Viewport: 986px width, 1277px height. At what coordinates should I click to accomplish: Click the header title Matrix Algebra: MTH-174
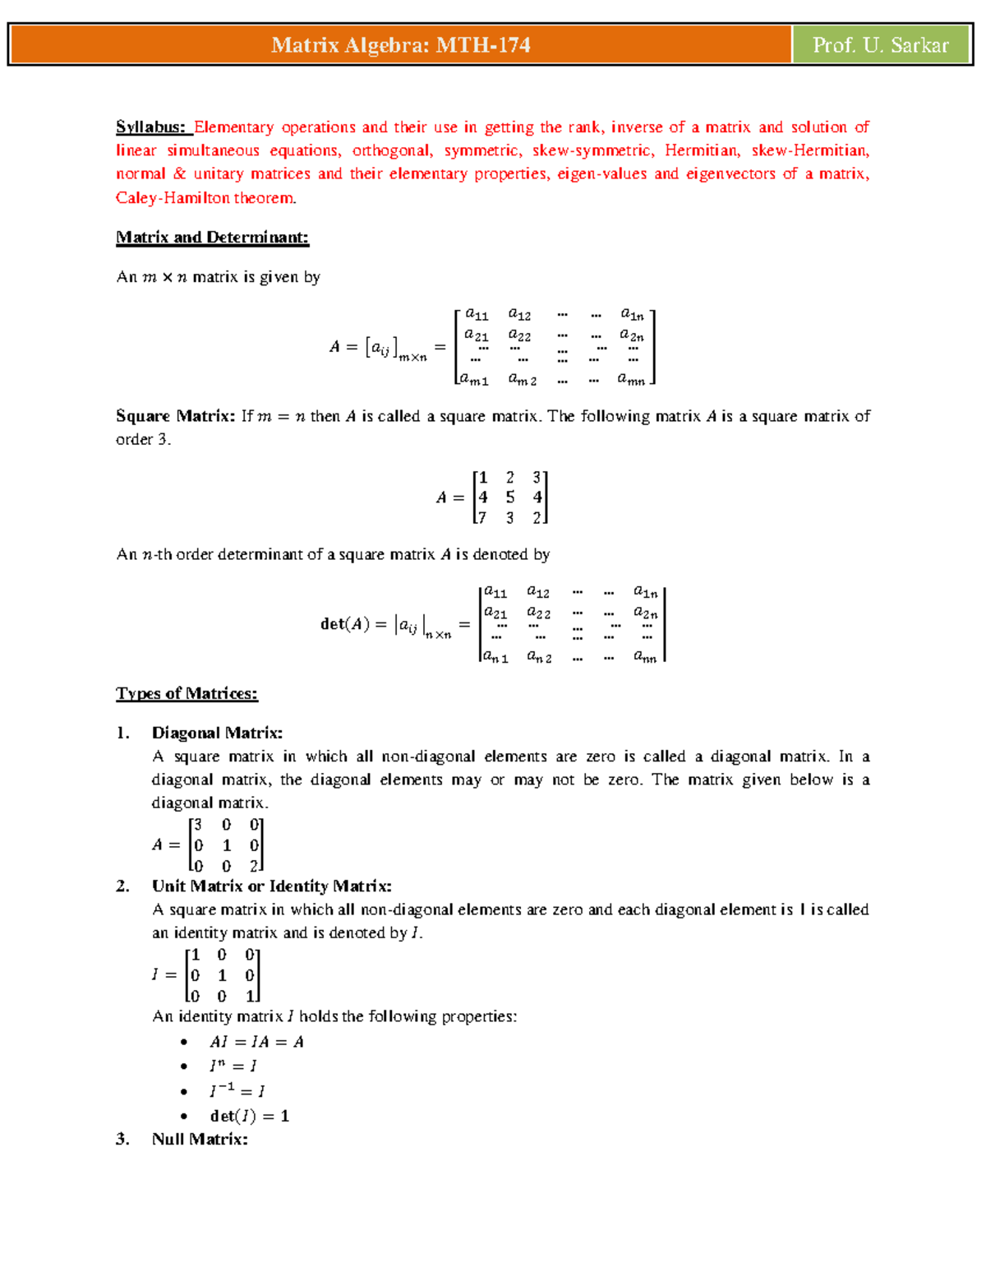[400, 45]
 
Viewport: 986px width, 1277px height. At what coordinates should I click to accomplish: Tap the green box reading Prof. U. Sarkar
[881, 45]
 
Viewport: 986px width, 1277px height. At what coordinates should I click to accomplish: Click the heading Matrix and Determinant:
[212, 238]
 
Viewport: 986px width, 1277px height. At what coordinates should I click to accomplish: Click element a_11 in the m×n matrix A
[477, 314]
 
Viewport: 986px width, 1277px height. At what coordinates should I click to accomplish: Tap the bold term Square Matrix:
[175, 416]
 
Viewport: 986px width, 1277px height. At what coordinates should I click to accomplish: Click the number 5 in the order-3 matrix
[510, 497]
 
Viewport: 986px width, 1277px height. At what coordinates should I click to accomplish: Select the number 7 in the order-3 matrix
[482, 518]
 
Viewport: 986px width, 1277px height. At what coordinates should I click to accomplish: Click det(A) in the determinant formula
[344, 624]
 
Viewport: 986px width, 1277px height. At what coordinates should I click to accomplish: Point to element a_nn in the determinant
[645, 656]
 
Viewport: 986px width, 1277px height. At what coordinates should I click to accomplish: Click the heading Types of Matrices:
[187, 693]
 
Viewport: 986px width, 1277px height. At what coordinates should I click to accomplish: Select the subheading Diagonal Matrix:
[217, 733]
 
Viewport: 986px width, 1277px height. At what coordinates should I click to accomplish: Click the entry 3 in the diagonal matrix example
[198, 825]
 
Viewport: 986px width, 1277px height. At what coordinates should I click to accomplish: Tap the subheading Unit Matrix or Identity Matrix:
[271, 886]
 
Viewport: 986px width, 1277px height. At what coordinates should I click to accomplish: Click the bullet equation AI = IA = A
[256, 1042]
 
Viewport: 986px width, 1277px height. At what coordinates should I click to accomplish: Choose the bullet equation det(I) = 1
[249, 1116]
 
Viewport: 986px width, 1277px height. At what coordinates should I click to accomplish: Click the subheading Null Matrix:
[200, 1139]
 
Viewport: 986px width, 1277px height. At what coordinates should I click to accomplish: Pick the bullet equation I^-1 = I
[237, 1091]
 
